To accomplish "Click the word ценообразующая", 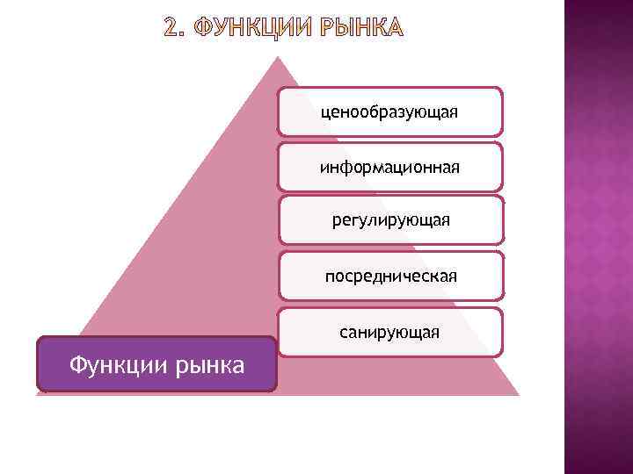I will pos(390,112).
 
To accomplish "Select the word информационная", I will pos(390,167).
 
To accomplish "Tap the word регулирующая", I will pos(390,219).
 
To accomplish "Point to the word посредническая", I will pos(390,276).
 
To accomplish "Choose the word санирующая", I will pos(390,333).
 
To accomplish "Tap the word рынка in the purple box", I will pos(207,364).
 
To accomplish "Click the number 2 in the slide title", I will pos(172,30).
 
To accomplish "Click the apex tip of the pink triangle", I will pos(278,59).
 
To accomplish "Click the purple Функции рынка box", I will pos(156,363).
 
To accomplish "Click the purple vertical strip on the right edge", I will pos(598,237).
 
